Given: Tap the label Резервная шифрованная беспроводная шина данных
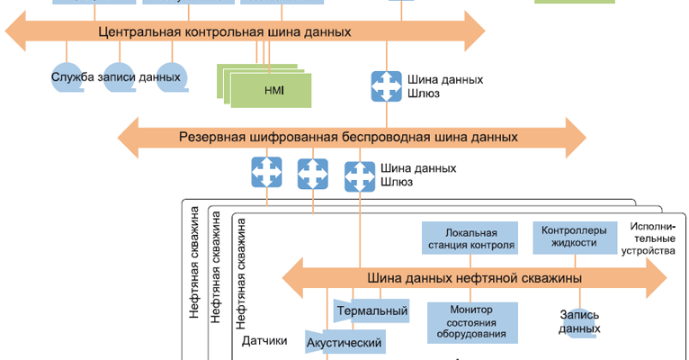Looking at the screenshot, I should (348, 138).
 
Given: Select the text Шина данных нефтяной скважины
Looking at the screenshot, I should (474, 277).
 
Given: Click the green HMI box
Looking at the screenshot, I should (273, 91).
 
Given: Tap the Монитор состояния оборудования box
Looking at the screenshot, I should (472, 322).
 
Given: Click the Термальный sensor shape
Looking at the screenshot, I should (371, 311).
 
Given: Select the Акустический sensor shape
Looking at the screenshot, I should (345, 342).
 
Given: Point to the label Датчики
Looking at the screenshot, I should (264, 341).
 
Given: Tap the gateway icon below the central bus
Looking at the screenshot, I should (387, 85).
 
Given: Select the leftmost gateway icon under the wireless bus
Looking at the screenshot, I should (266, 171).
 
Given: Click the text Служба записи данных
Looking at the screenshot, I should (116, 77).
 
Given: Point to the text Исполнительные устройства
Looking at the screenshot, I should (652, 238).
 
